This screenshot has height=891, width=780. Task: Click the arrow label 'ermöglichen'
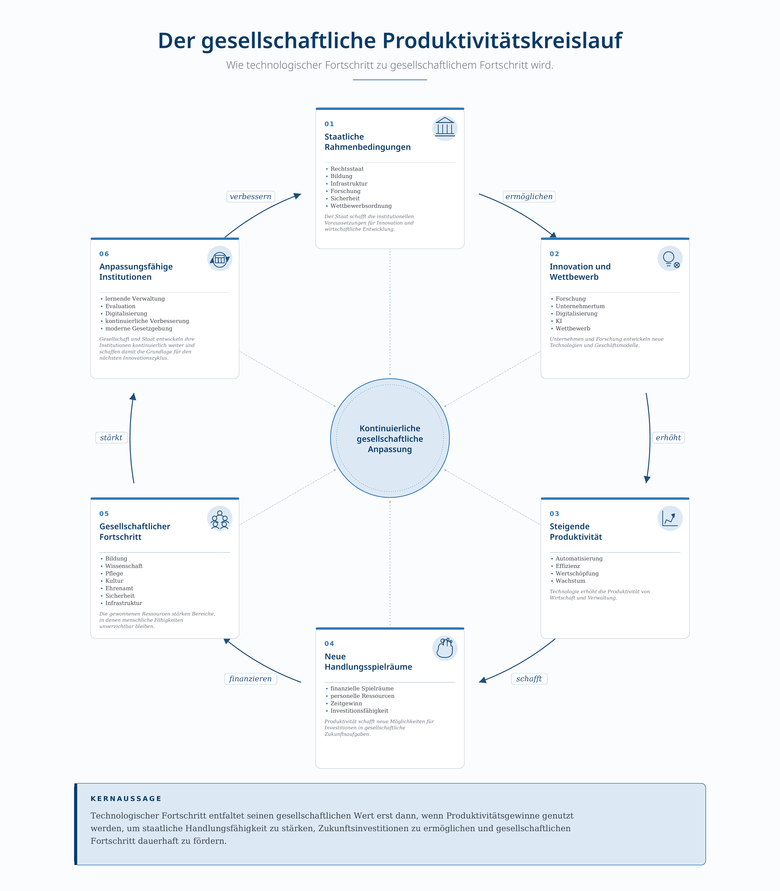(529, 197)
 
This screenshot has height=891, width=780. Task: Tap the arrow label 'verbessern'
(250, 197)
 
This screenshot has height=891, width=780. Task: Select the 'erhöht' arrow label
(668, 438)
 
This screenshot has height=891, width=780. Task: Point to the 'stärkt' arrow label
(111, 438)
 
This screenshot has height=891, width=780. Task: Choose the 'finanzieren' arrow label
(250, 679)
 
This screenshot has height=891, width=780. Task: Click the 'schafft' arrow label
(529, 679)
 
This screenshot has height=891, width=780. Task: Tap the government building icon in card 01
(445, 128)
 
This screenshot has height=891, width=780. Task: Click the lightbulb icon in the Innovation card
(670, 258)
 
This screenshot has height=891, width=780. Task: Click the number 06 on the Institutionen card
(104, 254)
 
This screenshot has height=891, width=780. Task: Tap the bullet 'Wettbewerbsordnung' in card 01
(361, 206)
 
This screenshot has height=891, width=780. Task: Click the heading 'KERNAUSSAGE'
(126, 799)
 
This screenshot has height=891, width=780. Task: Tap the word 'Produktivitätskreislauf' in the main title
(502, 40)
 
